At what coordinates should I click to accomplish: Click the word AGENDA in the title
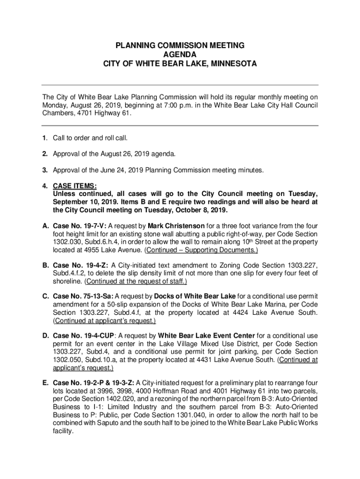[x=180, y=54]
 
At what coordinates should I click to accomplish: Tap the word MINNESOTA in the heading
[x=230, y=64]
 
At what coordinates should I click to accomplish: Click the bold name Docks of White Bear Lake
[x=194, y=296]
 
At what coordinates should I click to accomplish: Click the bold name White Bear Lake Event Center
[x=207, y=336]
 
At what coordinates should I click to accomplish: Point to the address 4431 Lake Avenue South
[x=236, y=360]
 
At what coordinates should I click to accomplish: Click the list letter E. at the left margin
[x=46, y=383]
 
